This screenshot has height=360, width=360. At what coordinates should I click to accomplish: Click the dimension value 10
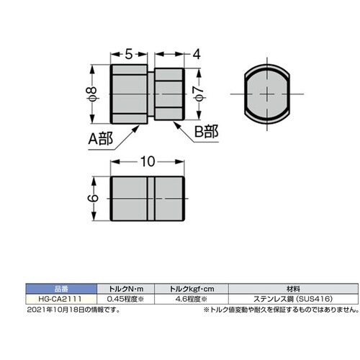point(147,163)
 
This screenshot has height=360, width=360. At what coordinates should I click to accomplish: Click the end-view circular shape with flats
point(267,94)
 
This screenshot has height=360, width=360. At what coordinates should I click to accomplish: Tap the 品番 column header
point(63,287)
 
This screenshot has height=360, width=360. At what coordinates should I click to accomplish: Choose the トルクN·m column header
point(127,287)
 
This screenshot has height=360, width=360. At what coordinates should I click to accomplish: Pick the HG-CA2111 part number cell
point(63,297)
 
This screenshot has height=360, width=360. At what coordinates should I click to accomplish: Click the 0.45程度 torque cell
point(127,297)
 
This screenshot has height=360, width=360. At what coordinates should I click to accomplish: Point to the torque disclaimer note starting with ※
point(280,310)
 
